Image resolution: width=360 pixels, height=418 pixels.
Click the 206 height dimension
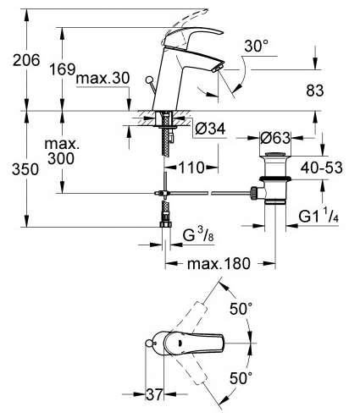[x=26, y=60]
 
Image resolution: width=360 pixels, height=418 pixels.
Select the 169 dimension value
[x=63, y=69]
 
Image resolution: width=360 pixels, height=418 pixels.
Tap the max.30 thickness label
[x=102, y=78]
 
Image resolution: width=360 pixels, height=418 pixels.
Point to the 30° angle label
[x=257, y=46]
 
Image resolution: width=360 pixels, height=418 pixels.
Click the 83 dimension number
[x=315, y=91]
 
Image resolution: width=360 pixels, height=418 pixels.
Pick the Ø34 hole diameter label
[x=210, y=129]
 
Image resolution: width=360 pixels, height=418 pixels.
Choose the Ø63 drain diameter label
[x=275, y=138]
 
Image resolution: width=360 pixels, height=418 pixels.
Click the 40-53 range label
[x=321, y=168]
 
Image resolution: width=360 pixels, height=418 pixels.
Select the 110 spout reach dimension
[x=191, y=168]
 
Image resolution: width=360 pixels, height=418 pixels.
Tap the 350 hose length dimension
[x=25, y=169]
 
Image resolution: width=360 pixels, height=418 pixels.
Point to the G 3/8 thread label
[x=198, y=234]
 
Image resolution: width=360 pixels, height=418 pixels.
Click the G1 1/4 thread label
[x=318, y=216]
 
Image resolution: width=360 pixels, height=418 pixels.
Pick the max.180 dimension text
[x=219, y=263]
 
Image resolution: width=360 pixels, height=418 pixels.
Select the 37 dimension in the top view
[x=154, y=394]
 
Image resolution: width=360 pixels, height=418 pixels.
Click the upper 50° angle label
[x=241, y=308]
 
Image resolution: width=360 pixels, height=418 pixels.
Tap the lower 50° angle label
[x=241, y=378]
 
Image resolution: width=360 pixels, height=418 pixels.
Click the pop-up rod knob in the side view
[x=148, y=80]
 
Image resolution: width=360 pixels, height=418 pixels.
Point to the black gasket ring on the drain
[x=275, y=179]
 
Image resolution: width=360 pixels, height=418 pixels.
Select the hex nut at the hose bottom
[x=165, y=224]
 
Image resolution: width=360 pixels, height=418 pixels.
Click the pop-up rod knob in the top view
[x=148, y=343]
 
